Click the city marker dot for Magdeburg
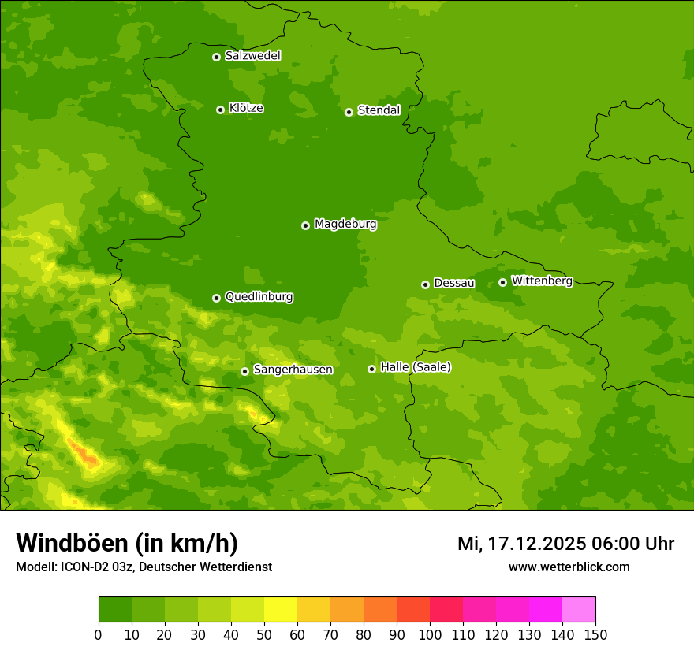[x=305, y=225]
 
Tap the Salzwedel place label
[x=252, y=56]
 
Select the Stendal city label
[x=379, y=110]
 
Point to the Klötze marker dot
[x=220, y=110]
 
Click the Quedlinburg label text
[x=259, y=297]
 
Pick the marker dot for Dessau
[x=425, y=284]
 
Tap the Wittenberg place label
[x=542, y=281]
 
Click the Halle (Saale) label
[x=416, y=367]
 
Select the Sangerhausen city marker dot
[x=244, y=371]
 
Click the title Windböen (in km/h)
[x=127, y=543]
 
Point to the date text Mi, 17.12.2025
[x=520, y=544]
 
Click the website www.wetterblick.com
[x=569, y=567]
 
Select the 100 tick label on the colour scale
[x=430, y=634]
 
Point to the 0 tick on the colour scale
[x=99, y=634]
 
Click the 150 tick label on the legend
[x=595, y=634]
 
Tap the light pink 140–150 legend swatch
[x=579, y=610]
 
